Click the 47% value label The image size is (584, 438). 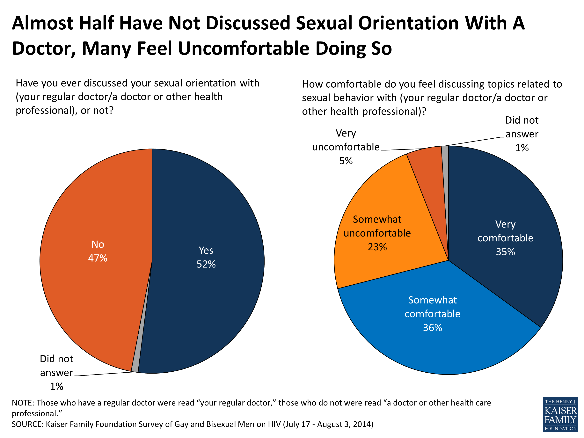click(98, 258)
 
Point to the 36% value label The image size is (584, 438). click(433, 328)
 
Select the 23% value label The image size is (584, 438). click(377, 247)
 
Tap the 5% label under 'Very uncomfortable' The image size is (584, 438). click(346, 161)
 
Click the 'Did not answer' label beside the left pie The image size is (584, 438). click(56, 366)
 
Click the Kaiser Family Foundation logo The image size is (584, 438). click(560, 414)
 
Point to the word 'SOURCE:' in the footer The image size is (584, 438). click(27, 424)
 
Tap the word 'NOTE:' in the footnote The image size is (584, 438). click(23, 403)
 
